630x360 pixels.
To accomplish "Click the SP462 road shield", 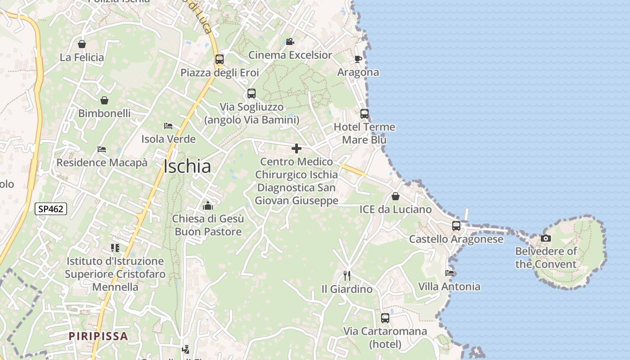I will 51,209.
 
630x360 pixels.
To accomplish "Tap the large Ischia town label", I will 187,166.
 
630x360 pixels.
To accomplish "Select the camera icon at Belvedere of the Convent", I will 546,238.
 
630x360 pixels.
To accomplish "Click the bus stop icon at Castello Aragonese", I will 456,226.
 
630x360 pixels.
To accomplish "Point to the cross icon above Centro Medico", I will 297,148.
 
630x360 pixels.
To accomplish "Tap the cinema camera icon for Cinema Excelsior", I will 290,42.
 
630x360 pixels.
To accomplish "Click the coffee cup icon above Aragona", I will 358,59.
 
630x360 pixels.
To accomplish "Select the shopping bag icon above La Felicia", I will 82,44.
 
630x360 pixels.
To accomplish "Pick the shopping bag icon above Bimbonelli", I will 104,100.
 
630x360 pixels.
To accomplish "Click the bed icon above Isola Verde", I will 168,126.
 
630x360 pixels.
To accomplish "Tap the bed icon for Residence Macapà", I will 102,149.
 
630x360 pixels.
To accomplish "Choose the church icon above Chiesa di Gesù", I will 208,206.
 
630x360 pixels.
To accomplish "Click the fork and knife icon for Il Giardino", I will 346,275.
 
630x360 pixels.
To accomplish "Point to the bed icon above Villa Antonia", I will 449,273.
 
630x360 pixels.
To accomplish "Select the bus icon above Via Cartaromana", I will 385,318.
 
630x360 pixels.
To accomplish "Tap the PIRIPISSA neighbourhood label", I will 99,336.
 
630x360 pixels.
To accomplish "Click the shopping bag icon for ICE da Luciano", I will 396,196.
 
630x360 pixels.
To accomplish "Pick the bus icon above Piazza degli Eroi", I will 220,59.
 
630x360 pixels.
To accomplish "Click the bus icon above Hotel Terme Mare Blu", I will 364,114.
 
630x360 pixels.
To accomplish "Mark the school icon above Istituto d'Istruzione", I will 115,248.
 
